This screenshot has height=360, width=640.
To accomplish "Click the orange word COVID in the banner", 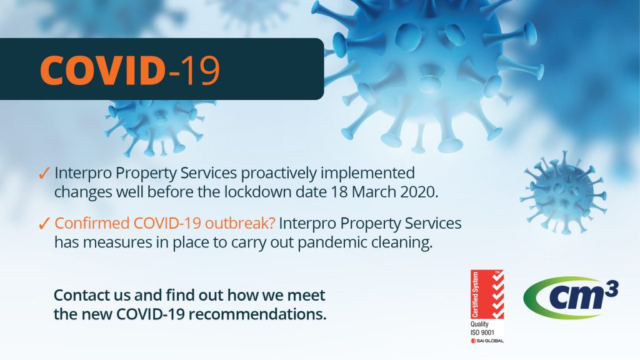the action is (102, 70).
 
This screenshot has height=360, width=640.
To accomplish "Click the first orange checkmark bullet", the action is (44, 173).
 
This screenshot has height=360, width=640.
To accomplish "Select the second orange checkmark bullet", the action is (44, 224).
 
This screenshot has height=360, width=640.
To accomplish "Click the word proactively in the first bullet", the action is (278, 174).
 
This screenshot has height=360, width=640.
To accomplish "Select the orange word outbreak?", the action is (240, 223).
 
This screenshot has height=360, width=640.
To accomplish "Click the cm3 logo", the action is (571, 297).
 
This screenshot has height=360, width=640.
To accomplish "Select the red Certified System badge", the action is (487, 294).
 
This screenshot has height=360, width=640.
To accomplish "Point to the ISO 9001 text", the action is (482, 332).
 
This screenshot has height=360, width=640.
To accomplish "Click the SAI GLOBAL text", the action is (487, 341).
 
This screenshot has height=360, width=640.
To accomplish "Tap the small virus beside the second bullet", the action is (564, 192).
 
